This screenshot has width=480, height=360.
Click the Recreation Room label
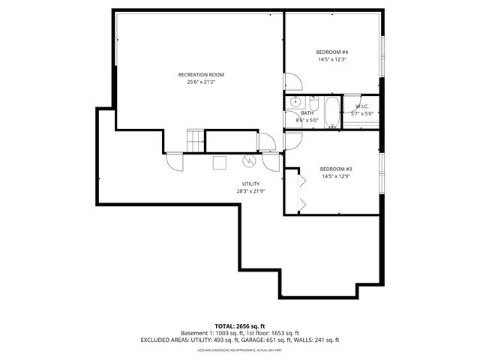(200, 74)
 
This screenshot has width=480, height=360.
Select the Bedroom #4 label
(332, 52)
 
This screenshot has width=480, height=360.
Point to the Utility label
(250, 184)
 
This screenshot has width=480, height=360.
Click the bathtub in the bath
(331, 112)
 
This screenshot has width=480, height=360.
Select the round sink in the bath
(295, 100)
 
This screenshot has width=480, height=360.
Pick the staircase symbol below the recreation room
(195, 140)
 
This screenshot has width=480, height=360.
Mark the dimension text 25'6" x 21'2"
(200, 82)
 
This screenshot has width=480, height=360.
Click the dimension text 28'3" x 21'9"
(250, 191)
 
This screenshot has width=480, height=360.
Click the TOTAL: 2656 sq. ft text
(239, 325)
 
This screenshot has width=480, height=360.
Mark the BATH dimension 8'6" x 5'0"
(307, 120)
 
